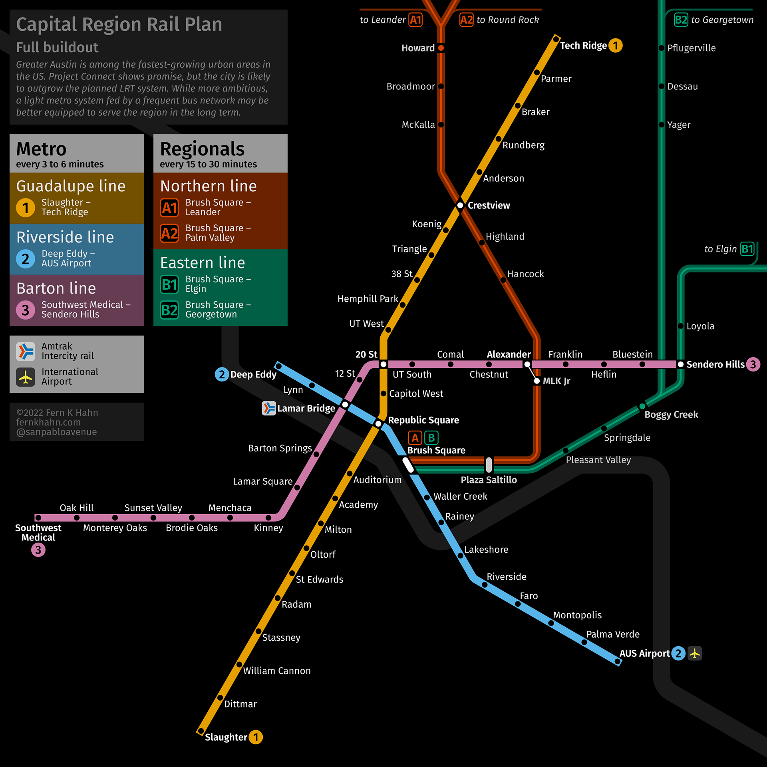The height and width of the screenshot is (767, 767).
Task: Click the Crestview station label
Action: click(489, 205)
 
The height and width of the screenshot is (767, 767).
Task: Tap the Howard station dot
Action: click(441, 48)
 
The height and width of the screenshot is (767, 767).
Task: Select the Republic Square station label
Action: click(423, 420)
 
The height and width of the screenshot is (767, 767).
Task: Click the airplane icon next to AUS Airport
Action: click(695, 654)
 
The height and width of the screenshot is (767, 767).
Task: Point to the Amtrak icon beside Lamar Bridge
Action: click(269, 408)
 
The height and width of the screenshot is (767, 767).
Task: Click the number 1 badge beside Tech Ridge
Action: click(616, 46)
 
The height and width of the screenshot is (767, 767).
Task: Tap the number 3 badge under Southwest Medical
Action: click(38, 550)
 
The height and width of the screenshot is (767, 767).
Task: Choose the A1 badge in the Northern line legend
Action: click(169, 208)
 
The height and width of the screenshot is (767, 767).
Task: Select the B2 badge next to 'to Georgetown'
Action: click(681, 20)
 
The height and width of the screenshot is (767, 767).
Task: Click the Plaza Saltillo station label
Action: click(489, 480)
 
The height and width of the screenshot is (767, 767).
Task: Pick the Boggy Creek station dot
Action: click(642, 406)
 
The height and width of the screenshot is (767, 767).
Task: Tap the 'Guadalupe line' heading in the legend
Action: click(71, 186)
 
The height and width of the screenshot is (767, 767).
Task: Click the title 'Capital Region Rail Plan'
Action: click(119, 24)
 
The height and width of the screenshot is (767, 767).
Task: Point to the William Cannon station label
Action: click(277, 671)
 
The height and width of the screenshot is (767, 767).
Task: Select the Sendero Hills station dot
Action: click(681, 364)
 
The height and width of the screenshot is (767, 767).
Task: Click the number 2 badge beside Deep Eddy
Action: click(222, 374)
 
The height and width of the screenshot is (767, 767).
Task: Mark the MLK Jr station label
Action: click(556, 381)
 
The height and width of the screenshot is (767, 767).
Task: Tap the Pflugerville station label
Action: click(691, 48)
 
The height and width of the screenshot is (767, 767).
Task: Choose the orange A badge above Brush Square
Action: click(415, 438)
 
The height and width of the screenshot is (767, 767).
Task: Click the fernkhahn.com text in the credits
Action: click(48, 422)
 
